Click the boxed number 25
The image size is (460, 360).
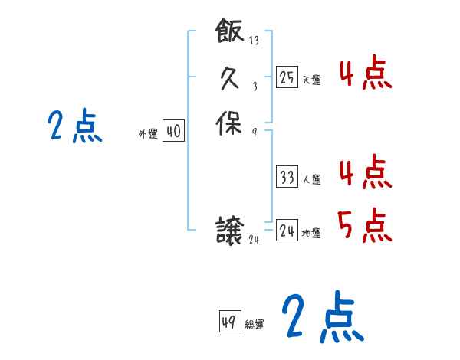[x=287, y=77]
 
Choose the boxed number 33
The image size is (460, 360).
[x=287, y=178]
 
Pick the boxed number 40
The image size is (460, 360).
[x=173, y=132]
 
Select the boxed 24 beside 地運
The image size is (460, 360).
[x=287, y=230]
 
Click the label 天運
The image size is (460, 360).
[x=311, y=80]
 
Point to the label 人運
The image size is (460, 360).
[x=311, y=180]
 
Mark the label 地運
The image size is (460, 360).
[x=311, y=232]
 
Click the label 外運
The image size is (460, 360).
[x=148, y=134]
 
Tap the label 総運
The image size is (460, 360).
[x=255, y=325]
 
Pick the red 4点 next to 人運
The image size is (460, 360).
[x=365, y=172]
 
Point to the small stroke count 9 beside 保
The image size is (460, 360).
[x=254, y=132]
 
